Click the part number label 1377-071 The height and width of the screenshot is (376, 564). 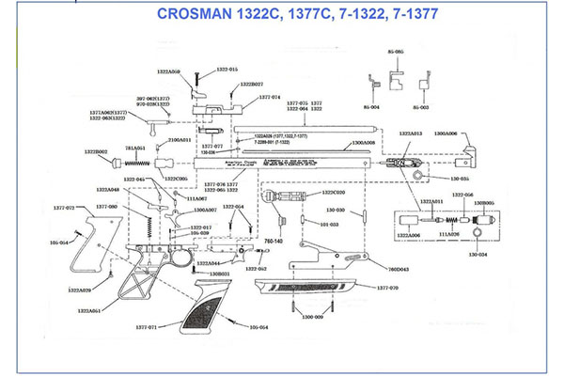coord(144,327)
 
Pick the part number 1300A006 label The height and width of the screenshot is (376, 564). coord(444,133)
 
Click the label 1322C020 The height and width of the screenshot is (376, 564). coord(334,192)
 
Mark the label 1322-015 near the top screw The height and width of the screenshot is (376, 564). coord(227,70)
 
